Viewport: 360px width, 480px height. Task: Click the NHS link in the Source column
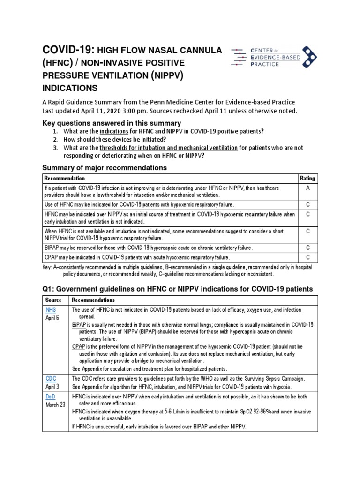click(50, 310)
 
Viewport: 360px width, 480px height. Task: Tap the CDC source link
click(51, 378)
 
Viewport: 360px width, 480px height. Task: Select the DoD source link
click(51, 396)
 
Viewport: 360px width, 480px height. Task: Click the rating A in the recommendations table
click(307, 187)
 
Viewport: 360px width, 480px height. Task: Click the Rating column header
click(307, 178)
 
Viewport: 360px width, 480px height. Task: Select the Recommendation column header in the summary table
click(64, 178)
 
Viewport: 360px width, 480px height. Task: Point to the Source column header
click(53, 300)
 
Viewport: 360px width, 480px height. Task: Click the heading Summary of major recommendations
click(105, 167)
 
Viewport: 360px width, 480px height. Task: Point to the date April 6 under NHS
click(53, 317)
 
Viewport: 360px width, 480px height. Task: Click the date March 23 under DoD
click(55, 405)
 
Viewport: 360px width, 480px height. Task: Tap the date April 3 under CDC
click(53, 386)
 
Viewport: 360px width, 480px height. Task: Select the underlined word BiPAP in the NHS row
click(79, 324)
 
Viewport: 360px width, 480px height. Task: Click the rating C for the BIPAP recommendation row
click(307, 247)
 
